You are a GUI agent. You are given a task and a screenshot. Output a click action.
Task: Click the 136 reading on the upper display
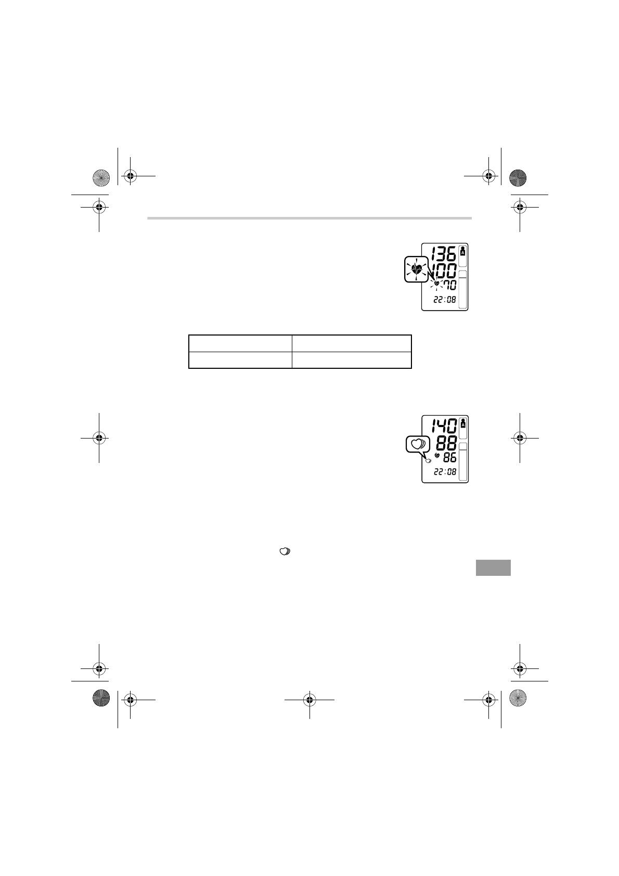tap(443, 254)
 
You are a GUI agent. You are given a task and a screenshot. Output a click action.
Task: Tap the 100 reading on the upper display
tap(443, 270)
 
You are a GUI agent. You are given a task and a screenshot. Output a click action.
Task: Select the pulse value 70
tap(450, 285)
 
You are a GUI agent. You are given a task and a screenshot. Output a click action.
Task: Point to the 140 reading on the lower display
tap(444, 426)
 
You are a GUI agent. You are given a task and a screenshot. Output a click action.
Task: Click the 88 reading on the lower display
tap(446, 443)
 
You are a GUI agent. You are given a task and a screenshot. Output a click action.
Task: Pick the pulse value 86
tap(450, 457)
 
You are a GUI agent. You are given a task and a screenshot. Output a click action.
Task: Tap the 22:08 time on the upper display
tap(445, 300)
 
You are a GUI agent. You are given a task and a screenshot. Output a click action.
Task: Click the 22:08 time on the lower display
tap(445, 472)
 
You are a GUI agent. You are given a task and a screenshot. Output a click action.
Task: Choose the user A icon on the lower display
tap(463, 423)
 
